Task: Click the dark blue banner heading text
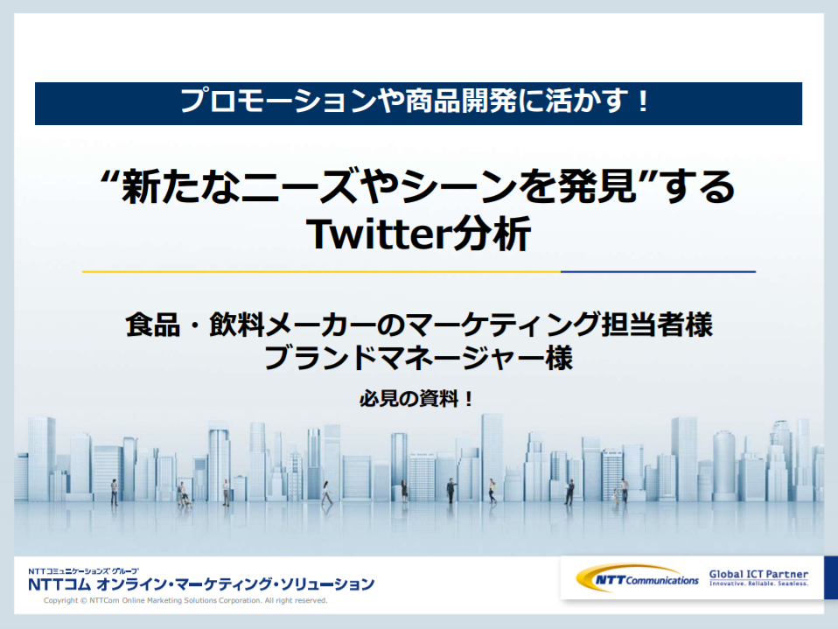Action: click(416, 101)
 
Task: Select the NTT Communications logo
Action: click(637, 579)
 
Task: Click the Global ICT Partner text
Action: click(758, 574)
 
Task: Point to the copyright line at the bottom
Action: click(185, 601)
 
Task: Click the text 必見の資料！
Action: click(416, 399)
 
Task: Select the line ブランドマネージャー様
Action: click(418, 359)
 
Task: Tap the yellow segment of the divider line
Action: click(321, 271)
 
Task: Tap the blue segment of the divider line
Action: click(658, 271)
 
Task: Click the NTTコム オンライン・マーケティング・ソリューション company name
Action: click(201, 584)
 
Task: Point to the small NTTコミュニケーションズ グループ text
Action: click(83, 570)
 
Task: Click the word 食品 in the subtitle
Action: click(153, 325)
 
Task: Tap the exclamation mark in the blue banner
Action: click(643, 101)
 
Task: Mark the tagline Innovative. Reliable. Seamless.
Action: click(758, 584)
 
